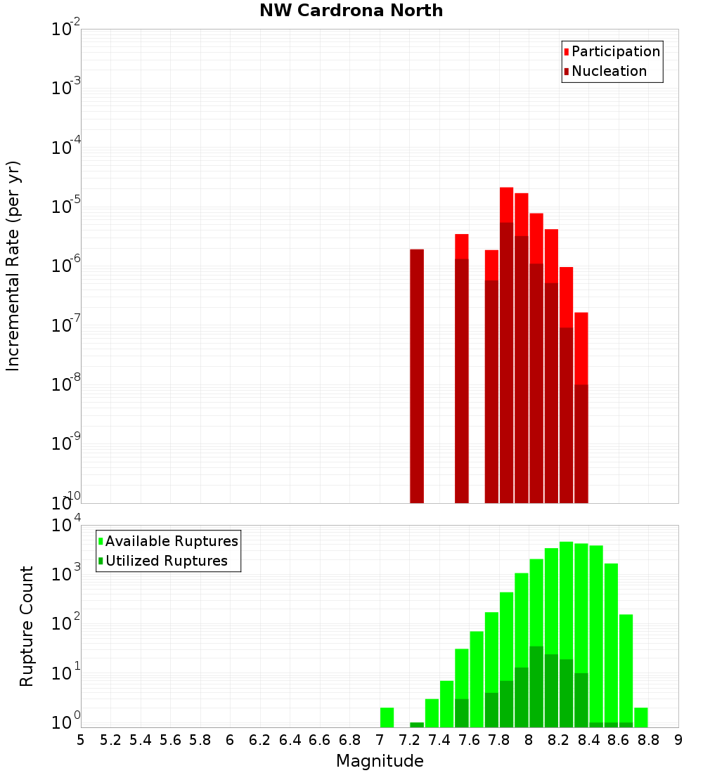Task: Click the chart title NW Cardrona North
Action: [351, 11]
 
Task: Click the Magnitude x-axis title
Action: [380, 761]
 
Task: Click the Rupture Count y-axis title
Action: [27, 625]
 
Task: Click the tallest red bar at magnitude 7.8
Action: [506, 204]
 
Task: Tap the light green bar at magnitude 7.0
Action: [387, 717]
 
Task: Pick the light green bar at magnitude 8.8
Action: [641, 717]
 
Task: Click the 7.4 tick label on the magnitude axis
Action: [439, 739]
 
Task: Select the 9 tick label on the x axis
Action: [678, 739]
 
